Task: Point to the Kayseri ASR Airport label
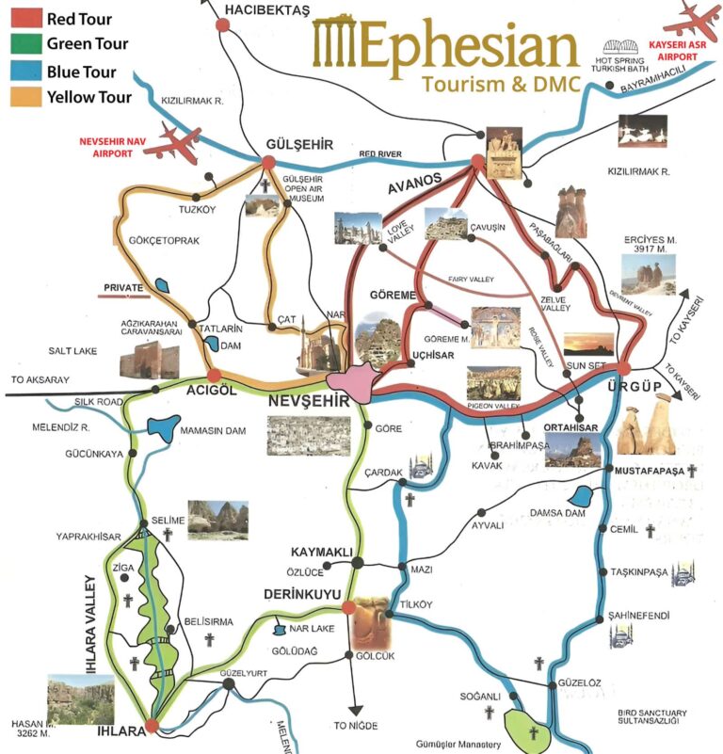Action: pyautogui.click(x=672, y=51)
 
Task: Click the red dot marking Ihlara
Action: pyautogui.click(x=153, y=727)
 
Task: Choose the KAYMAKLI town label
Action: pyautogui.click(x=322, y=552)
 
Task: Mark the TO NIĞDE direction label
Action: pyautogui.click(x=355, y=726)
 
